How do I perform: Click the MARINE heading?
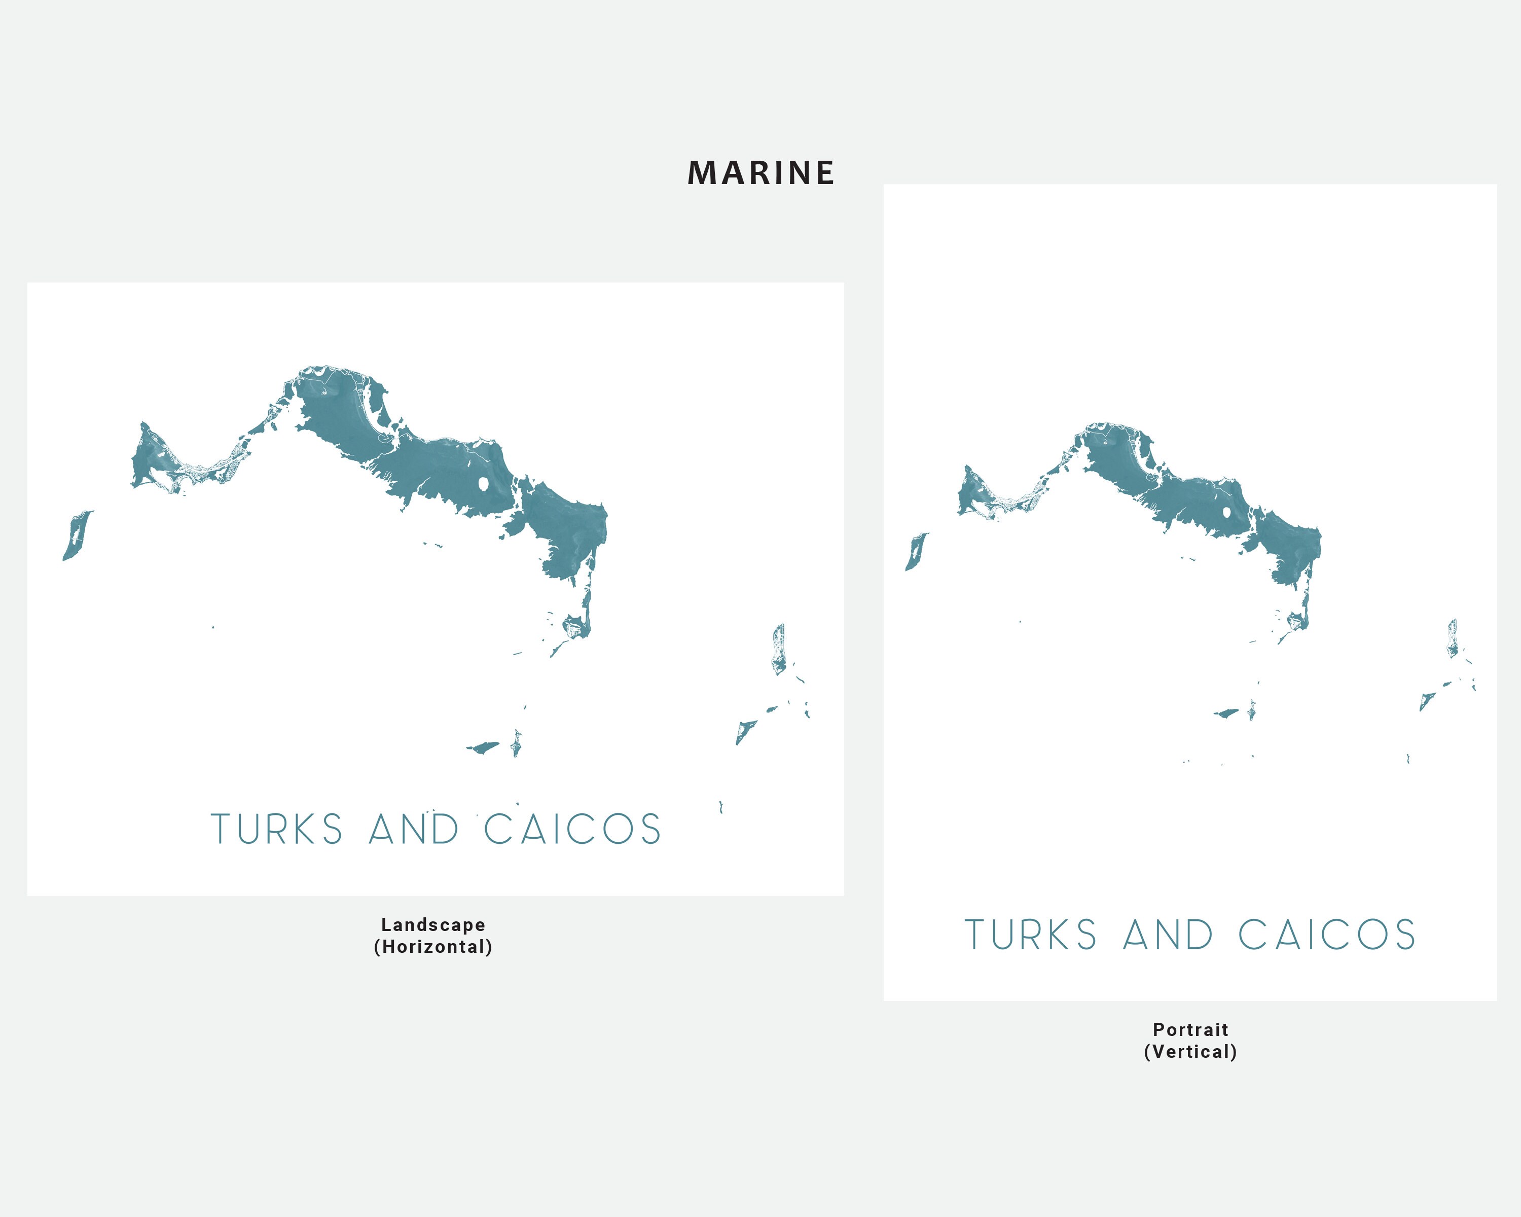click(x=761, y=173)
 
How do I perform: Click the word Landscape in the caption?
click(x=433, y=925)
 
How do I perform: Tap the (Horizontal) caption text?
click(x=433, y=947)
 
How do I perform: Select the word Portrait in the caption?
click(x=1190, y=1029)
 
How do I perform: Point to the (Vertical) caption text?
click(x=1190, y=1052)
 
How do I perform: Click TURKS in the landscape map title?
click(x=276, y=830)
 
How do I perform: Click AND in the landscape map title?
click(x=414, y=830)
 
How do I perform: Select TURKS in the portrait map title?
click(x=1031, y=936)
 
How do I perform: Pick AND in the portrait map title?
click(x=1168, y=936)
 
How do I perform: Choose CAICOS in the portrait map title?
click(x=1327, y=936)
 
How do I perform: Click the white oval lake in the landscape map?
click(x=484, y=485)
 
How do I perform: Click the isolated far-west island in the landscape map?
click(x=76, y=536)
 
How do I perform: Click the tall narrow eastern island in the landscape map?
click(x=778, y=649)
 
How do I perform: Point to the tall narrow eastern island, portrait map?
click(x=1453, y=638)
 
